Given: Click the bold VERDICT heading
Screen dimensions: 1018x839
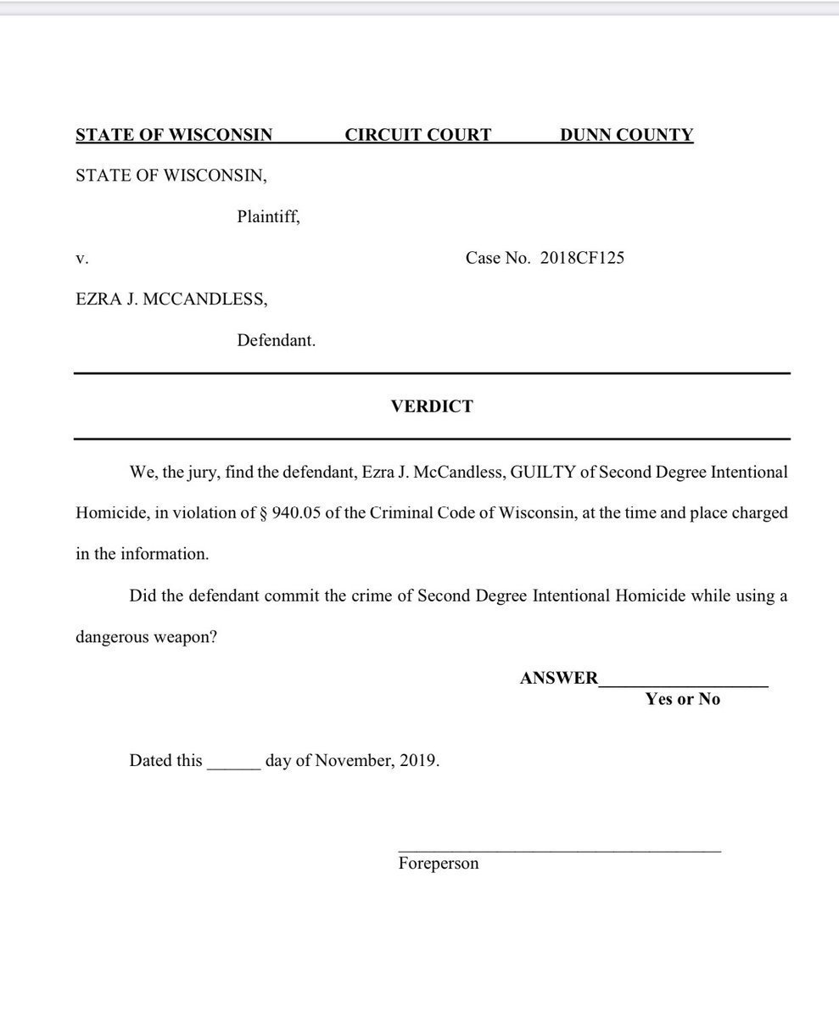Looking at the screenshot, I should point(432,406).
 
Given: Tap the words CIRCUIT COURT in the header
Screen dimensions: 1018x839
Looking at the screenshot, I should point(417,135).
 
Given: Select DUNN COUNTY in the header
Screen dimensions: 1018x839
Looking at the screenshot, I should point(626,135).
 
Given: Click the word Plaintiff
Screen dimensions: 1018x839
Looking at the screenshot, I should point(267,217).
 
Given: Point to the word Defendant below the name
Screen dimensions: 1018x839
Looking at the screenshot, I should point(275,341).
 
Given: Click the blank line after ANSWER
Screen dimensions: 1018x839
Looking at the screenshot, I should point(683,680).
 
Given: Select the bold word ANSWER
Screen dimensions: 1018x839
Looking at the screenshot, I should point(558,679).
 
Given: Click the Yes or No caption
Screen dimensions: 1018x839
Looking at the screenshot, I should point(682,700).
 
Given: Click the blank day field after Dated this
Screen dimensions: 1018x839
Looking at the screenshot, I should point(233,761).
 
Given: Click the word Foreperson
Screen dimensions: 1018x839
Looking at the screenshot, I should point(438,864).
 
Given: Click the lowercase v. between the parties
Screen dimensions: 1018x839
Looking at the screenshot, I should point(82,259).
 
